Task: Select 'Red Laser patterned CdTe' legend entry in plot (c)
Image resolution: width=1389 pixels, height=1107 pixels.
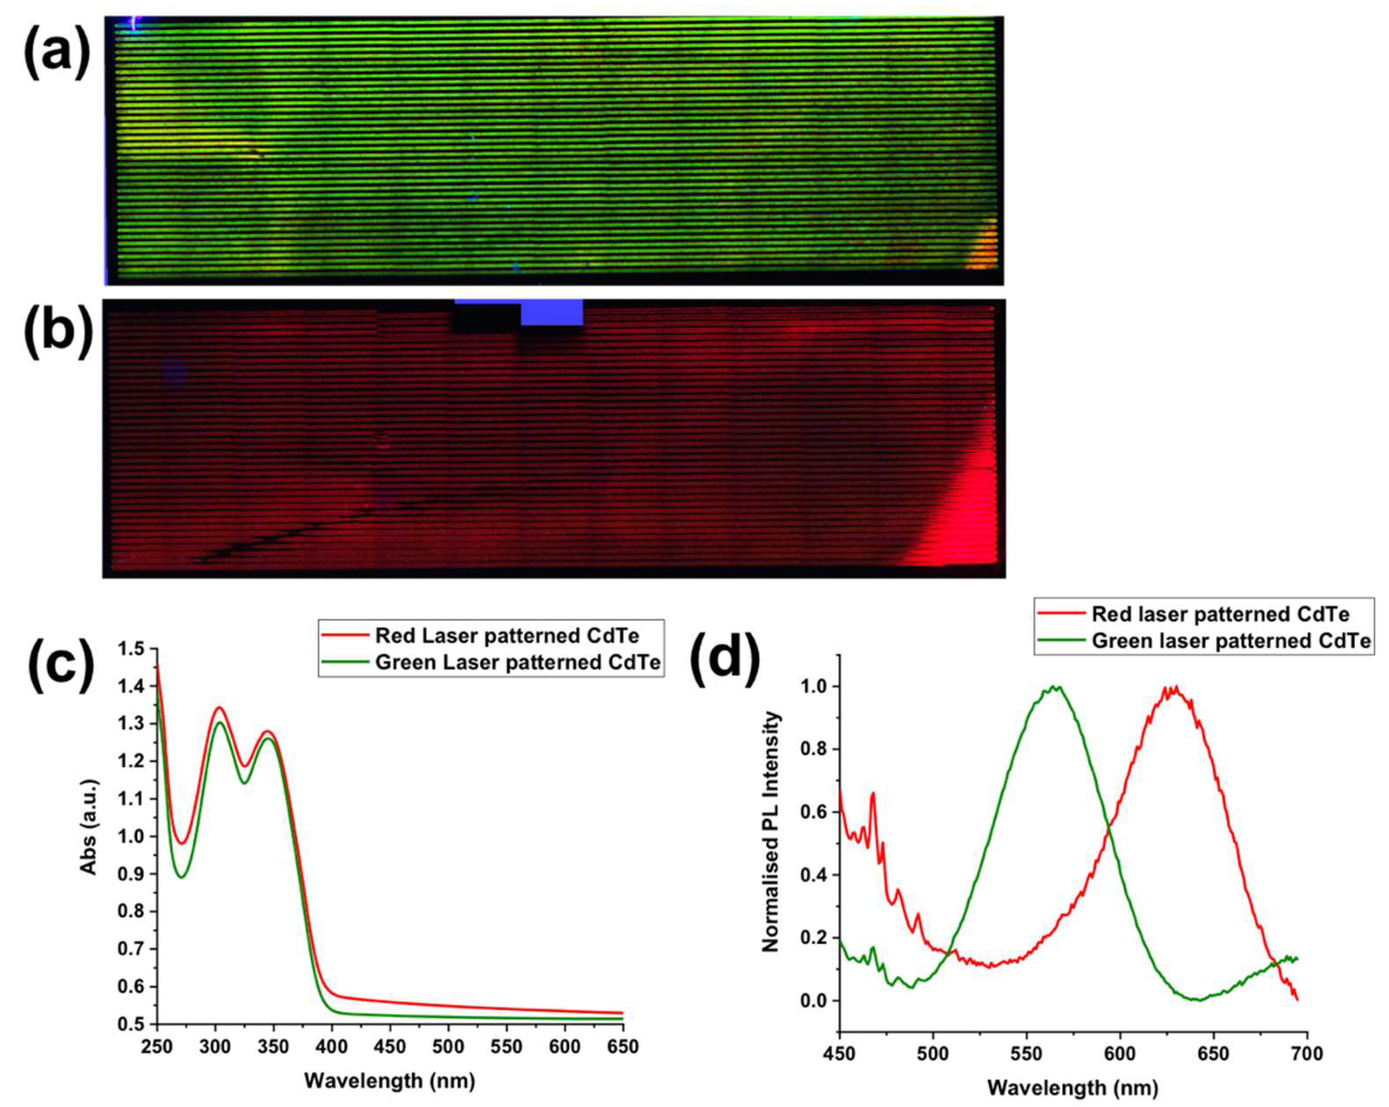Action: point(506,636)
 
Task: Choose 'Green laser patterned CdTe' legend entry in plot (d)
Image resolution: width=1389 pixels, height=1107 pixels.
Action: point(1230,641)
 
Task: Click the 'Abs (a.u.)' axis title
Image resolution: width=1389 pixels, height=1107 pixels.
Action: point(89,827)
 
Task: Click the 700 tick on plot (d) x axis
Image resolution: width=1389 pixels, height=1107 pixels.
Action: point(1307,1054)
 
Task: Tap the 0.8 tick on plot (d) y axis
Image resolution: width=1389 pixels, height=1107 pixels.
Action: point(813,749)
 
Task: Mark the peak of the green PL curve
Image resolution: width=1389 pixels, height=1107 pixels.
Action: point(1054,687)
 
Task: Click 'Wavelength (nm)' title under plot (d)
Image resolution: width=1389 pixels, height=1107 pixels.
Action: point(1073,1088)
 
